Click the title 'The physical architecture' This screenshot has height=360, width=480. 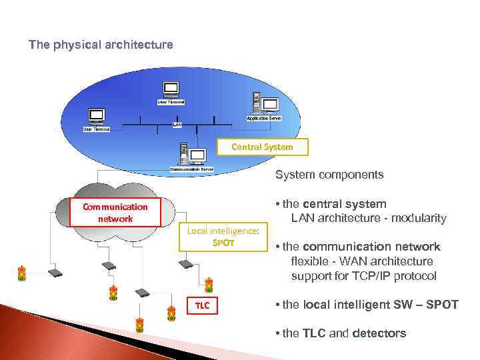(101, 45)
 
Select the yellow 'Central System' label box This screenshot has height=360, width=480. (262, 147)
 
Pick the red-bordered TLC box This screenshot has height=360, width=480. (202, 305)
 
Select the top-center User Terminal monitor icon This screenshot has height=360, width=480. (171, 89)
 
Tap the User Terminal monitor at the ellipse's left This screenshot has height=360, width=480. (96, 116)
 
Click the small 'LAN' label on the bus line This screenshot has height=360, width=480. (177, 125)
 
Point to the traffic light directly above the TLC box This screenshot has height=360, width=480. (209, 285)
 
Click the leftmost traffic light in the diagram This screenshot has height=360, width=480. (22, 273)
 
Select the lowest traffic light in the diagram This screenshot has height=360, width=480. (139, 325)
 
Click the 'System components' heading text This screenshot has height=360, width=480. (329, 175)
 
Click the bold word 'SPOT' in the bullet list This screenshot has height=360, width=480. (443, 305)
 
